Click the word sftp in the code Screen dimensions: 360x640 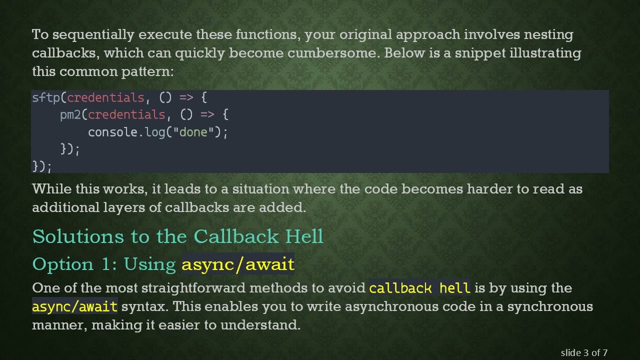(x=45, y=97)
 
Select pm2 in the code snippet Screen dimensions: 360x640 (x=70, y=115)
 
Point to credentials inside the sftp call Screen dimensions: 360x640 (x=105, y=97)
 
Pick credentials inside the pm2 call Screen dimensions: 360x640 (x=126, y=115)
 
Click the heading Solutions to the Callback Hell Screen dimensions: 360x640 (x=178, y=236)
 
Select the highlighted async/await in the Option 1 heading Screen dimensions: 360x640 (x=238, y=264)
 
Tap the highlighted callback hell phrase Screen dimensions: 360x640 (x=419, y=288)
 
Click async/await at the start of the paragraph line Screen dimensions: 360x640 (x=75, y=306)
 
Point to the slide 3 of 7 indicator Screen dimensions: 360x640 (x=584, y=352)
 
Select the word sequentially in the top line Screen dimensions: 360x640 (x=93, y=34)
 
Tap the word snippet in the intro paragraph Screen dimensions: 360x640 (x=480, y=53)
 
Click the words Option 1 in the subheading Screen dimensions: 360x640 (x=74, y=264)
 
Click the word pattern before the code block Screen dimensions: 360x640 (x=147, y=71)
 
